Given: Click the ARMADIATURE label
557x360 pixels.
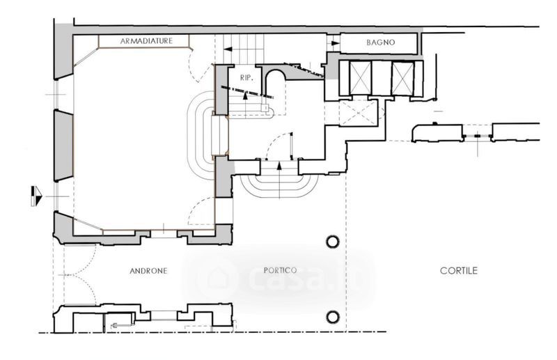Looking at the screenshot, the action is (146, 41).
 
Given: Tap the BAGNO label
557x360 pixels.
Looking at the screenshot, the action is (380, 42).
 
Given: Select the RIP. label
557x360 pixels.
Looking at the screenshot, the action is (245, 77).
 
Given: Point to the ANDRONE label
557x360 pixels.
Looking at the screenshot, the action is (148, 271).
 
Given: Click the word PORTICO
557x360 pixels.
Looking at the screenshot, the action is (281, 271).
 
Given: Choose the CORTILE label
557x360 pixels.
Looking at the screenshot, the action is (458, 271).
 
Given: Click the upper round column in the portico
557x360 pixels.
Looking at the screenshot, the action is (333, 242).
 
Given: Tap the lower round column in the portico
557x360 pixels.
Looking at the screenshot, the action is (333, 317).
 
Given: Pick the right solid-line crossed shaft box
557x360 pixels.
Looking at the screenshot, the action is (402, 77).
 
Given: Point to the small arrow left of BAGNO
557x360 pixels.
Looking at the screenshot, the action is (334, 42).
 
